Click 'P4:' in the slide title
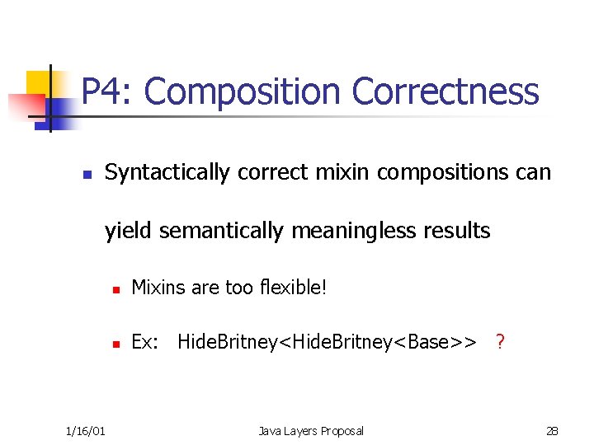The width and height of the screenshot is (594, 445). click(107, 91)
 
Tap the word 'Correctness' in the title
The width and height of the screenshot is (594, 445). click(445, 91)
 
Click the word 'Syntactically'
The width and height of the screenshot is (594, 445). click(167, 172)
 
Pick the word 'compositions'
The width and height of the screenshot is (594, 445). click(436, 172)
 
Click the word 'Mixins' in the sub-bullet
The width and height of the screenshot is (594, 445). click(158, 288)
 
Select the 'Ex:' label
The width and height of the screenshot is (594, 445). click(145, 341)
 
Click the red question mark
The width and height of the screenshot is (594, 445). click(500, 341)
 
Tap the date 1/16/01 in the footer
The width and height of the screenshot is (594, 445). click(83, 430)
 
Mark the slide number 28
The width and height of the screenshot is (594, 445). click(552, 430)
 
